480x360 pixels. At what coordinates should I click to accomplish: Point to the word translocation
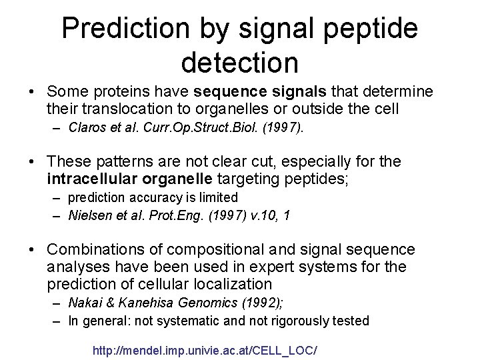point(117,106)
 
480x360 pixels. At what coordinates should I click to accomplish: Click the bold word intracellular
point(96,178)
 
